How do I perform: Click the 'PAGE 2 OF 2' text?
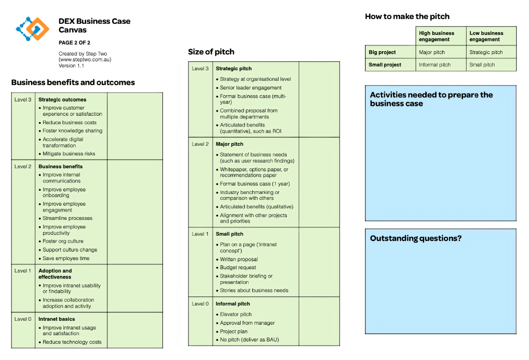74,43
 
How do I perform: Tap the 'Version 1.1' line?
71,66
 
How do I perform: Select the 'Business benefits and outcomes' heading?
73,82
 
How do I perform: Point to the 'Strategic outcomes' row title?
62,99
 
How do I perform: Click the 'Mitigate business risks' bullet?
69,154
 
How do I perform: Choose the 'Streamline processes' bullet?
67,218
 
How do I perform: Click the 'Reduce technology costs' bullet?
72,342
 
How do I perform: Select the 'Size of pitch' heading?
211,52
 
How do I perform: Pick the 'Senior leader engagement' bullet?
251,88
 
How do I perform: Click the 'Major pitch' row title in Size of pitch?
230,144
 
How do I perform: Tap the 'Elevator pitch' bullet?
236,315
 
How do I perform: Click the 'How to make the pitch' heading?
407,16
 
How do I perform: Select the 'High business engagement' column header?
436,36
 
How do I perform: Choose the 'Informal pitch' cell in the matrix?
435,65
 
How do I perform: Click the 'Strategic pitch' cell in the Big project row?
486,52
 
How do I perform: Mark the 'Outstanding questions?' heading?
416,238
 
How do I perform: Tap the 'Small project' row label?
385,65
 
